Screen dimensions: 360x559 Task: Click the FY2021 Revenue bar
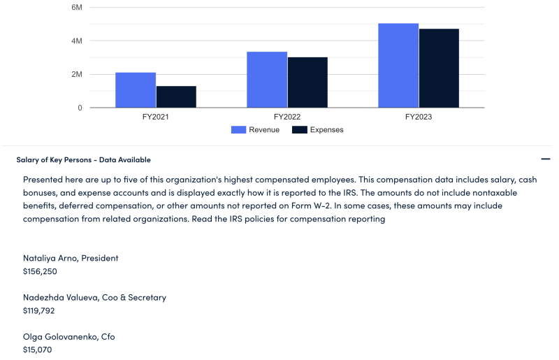(x=136, y=90)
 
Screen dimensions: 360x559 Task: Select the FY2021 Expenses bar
(x=176, y=97)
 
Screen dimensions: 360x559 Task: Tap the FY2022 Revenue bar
(x=267, y=80)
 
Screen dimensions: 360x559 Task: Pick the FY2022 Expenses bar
(x=307, y=82)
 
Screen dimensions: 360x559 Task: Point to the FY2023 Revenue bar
(x=398, y=66)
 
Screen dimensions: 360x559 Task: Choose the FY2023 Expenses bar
(x=439, y=69)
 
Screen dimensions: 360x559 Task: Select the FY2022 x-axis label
(x=287, y=117)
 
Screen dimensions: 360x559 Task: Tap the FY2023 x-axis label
(x=419, y=117)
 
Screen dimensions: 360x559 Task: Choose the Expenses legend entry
(x=318, y=130)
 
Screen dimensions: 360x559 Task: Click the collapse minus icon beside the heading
(x=546, y=159)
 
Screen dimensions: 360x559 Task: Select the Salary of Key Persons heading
(x=84, y=160)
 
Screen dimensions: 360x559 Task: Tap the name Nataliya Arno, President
(x=71, y=258)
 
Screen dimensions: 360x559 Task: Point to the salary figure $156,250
(x=40, y=271)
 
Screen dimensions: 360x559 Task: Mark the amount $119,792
(x=39, y=310)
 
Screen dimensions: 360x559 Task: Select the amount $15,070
(x=37, y=350)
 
